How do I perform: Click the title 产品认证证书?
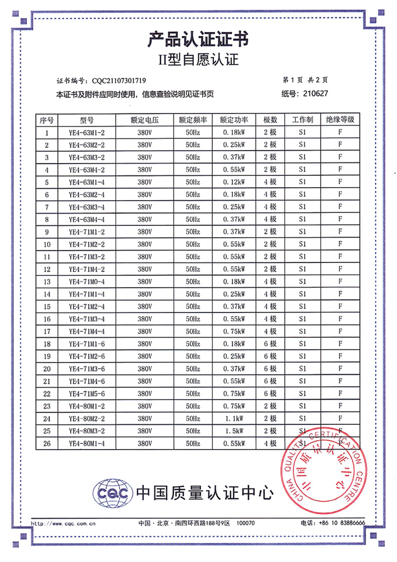tap(198, 39)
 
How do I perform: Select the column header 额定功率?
tap(234, 120)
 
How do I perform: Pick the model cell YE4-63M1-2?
tap(87, 133)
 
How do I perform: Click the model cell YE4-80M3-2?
tap(87, 430)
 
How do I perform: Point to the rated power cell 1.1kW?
tap(234, 418)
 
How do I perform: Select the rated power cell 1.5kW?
tap(234, 430)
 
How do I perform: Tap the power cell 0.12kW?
tap(234, 182)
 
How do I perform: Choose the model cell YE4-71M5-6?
tap(87, 393)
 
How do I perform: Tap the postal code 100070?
tap(245, 523)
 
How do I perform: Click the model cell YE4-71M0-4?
tap(87, 282)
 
